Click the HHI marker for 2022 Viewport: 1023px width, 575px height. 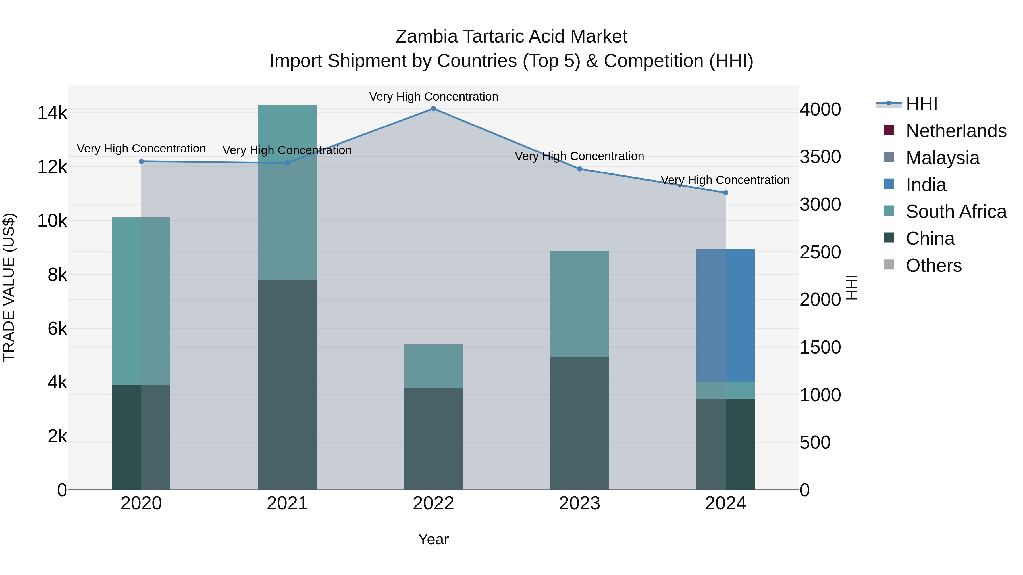[433, 109]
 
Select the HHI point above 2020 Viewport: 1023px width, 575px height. [142, 162]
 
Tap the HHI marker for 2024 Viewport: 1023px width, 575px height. [725, 193]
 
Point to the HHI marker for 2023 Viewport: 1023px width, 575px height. [579, 169]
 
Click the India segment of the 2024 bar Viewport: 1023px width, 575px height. [725, 315]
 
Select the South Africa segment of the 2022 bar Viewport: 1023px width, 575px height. [433, 366]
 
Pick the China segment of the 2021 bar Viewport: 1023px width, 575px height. [287, 385]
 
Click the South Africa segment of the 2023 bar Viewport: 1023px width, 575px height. [579, 304]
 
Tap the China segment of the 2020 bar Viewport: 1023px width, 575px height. [142, 437]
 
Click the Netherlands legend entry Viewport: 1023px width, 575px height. [956, 131]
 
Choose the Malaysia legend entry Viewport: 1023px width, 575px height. [942, 158]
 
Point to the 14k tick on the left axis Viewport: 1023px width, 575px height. [52, 113]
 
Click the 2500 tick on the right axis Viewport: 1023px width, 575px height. [820, 252]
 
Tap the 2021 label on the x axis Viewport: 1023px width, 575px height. [287, 503]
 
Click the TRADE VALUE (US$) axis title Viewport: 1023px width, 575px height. [9, 287]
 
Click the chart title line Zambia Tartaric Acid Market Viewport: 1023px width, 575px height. [511, 37]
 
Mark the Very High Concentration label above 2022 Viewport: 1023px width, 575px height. [433, 97]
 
